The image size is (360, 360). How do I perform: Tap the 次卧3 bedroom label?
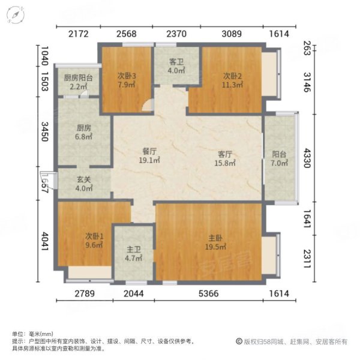click(x=127, y=76)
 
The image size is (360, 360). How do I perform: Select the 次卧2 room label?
click(x=232, y=76)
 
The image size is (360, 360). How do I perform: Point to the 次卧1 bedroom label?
click(x=94, y=236)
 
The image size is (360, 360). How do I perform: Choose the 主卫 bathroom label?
click(x=133, y=250)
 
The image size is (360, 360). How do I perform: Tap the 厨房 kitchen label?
click(x=84, y=128)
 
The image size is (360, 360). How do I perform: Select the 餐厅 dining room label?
click(x=149, y=152)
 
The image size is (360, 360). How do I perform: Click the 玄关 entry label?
click(x=84, y=179)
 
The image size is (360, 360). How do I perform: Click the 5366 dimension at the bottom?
click(x=209, y=293)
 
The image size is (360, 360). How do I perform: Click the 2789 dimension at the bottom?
click(x=84, y=293)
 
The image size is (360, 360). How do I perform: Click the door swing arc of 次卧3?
click(x=148, y=107)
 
